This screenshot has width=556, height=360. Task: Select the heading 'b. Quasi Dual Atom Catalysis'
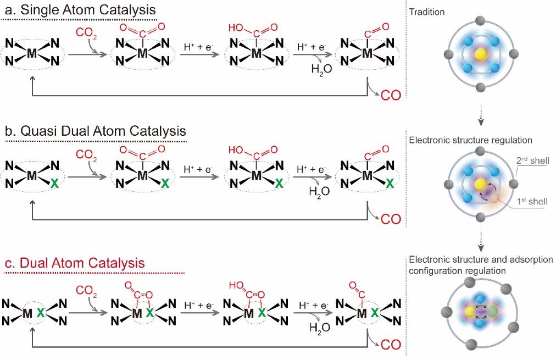click(95, 131)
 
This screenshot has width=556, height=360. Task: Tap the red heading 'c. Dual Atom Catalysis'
click(74, 263)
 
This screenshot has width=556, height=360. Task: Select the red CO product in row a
click(391, 96)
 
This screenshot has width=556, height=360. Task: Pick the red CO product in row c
click(391, 345)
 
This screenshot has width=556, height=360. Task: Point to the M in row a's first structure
click(32, 53)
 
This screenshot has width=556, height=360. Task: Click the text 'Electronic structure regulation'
click(471, 140)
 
